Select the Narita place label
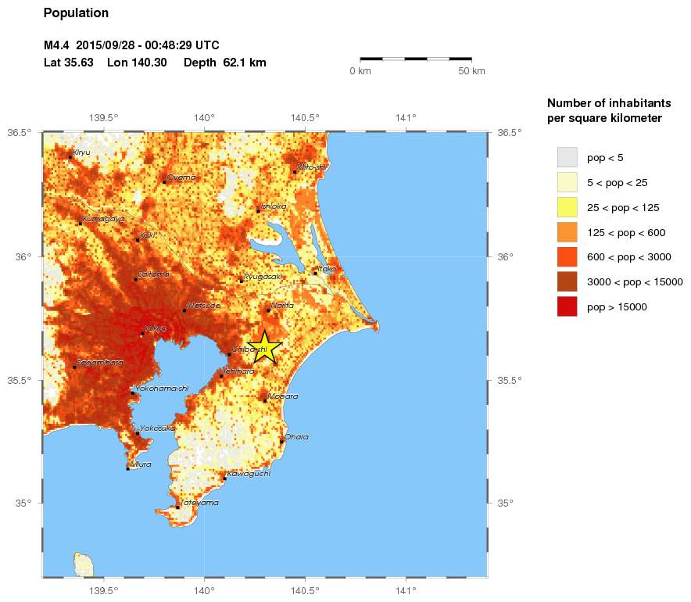click(x=282, y=306)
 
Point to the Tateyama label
click(x=199, y=503)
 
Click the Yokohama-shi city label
click(x=162, y=389)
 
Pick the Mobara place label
click(x=283, y=396)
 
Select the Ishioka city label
click(x=274, y=206)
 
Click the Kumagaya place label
click(x=103, y=219)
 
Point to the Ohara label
click(x=296, y=437)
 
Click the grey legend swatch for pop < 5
click(x=567, y=157)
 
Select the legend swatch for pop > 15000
click(x=567, y=307)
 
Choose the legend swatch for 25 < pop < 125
click(x=567, y=207)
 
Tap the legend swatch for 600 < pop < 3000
click(x=567, y=257)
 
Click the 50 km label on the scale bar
click(x=471, y=71)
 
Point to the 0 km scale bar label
click(x=360, y=71)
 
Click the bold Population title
click(x=76, y=13)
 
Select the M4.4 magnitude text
click(x=57, y=45)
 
